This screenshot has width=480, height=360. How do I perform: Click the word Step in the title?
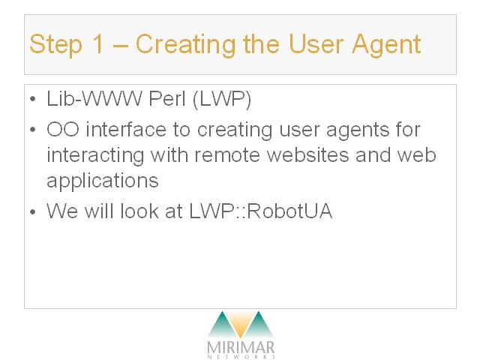[55, 45]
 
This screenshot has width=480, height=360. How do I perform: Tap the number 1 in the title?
[97, 43]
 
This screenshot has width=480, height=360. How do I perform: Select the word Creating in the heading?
[185, 45]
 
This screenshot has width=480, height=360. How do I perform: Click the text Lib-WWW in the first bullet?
[94, 99]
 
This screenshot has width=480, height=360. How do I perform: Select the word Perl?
[167, 99]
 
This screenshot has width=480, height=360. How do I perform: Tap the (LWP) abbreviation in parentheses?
[222, 100]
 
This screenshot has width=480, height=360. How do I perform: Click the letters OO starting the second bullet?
[63, 130]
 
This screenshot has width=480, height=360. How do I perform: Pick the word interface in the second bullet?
[126, 130]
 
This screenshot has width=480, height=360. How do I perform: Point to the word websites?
[308, 154]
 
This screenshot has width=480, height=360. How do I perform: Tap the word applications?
[103, 181]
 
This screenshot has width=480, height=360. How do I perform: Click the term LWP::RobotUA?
[261, 211]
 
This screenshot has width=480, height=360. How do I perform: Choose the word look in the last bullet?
[139, 211]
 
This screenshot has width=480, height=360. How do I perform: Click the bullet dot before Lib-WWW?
[33, 99]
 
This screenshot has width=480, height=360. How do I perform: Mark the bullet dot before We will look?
[33, 211]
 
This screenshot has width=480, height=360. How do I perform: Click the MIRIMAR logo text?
[241, 347]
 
